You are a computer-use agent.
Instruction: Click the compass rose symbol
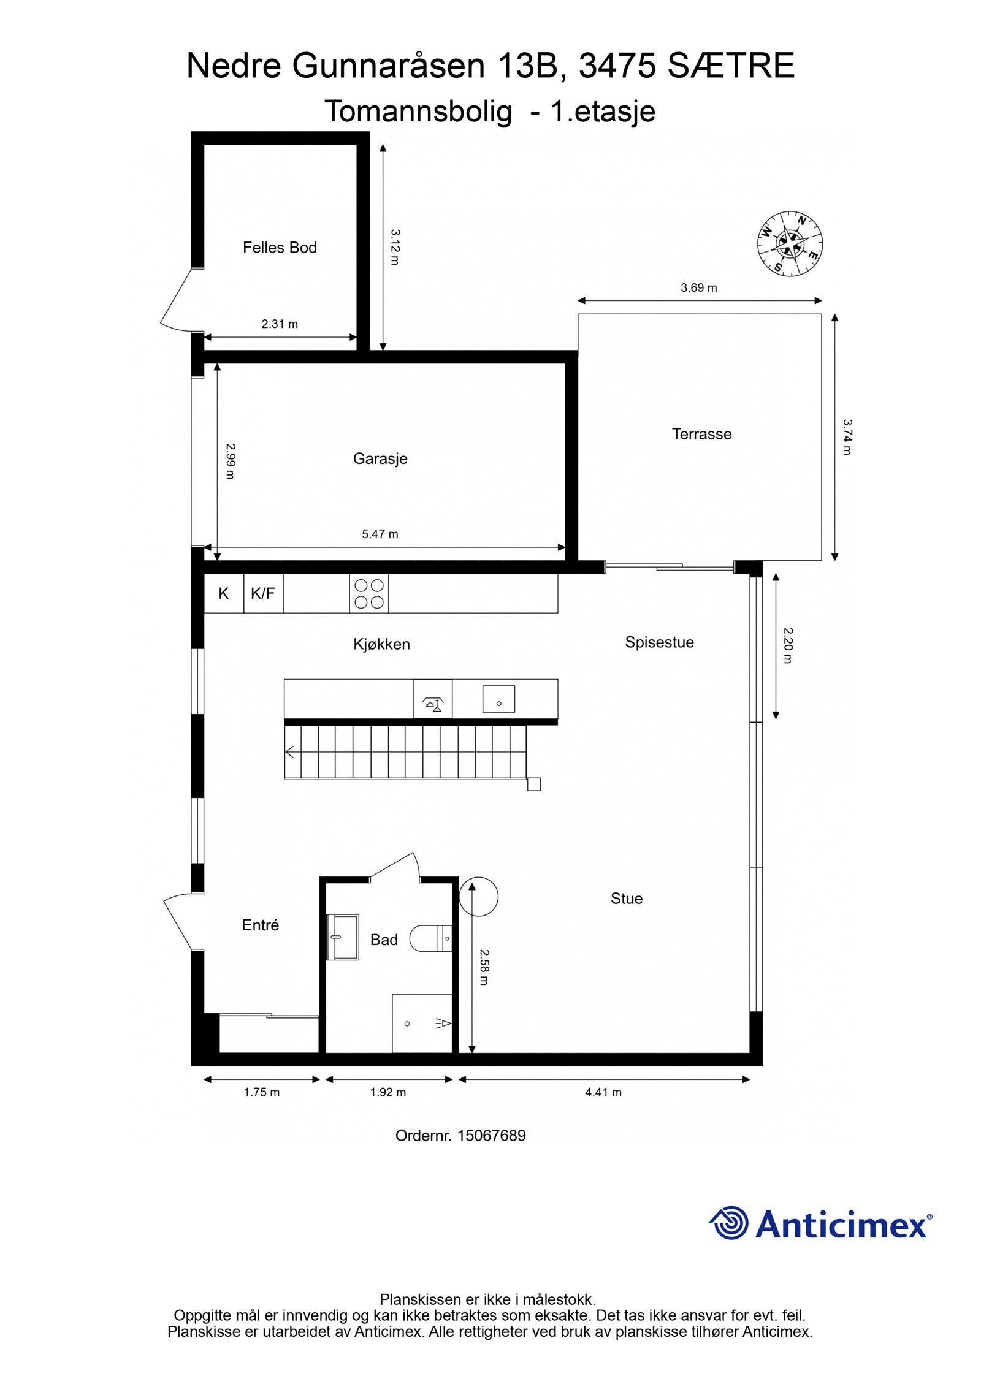coord(789,243)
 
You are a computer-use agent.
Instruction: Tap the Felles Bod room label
coord(280,248)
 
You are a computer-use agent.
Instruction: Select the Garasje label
coord(380,458)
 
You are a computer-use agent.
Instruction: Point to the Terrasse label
coord(701,434)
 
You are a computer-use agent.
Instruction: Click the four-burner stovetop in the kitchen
coord(369,593)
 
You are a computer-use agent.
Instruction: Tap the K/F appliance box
coord(263,593)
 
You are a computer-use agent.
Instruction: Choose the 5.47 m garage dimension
coord(380,534)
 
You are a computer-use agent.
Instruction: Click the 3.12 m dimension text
coord(395,247)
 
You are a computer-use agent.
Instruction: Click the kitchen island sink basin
coord(498,699)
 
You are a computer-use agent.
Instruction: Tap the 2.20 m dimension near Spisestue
coord(788,645)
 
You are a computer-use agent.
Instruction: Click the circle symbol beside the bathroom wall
coord(479,896)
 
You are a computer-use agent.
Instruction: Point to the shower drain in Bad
coord(407,1024)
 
